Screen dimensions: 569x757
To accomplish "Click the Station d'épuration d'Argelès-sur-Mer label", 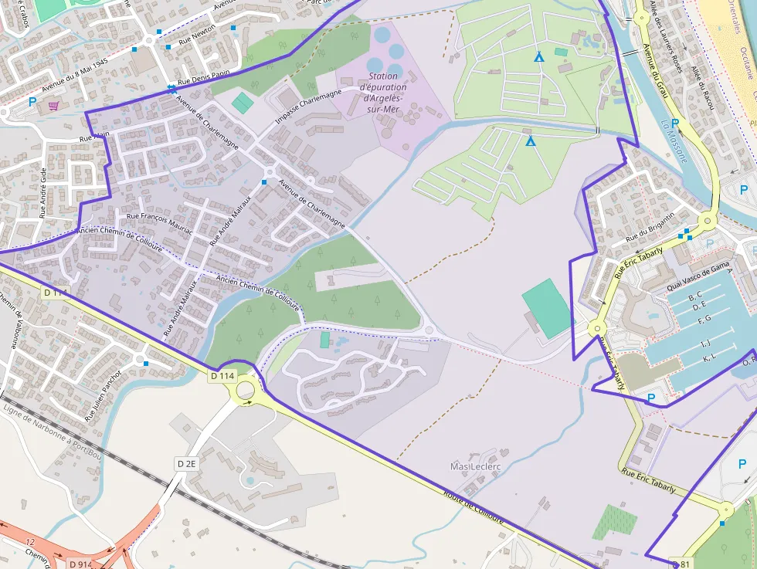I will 384,93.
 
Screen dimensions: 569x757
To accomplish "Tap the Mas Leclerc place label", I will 475,467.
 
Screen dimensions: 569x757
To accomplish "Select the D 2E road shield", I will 186,463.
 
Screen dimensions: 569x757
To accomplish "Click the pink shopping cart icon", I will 53,106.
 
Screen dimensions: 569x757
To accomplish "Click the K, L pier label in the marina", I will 709,358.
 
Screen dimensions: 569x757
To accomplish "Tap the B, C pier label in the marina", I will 695,296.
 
